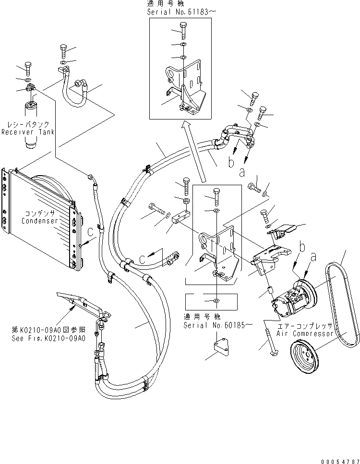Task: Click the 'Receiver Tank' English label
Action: [27, 132]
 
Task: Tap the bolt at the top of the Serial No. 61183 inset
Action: [183, 33]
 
